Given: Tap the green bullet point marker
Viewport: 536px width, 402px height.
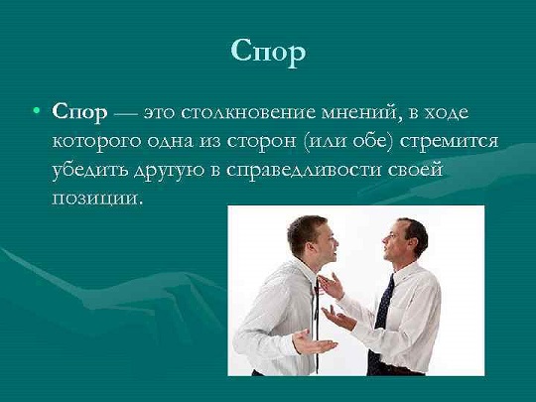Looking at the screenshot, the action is (37, 110).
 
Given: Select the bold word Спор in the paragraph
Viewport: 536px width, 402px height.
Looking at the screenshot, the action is (79, 113).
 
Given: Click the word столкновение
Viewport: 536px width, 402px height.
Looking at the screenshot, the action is (248, 113).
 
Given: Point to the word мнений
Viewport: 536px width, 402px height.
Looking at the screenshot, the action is (362, 112).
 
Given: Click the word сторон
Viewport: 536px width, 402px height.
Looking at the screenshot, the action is (261, 142).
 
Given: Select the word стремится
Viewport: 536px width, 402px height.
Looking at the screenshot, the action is (449, 141).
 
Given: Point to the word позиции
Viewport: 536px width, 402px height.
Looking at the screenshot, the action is (96, 199).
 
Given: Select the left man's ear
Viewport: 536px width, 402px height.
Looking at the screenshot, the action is (311, 247).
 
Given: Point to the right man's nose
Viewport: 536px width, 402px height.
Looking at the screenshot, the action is (384, 239).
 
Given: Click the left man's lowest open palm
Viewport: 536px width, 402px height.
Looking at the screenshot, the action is (313, 342).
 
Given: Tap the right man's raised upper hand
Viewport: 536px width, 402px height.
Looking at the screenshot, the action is (332, 286).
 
